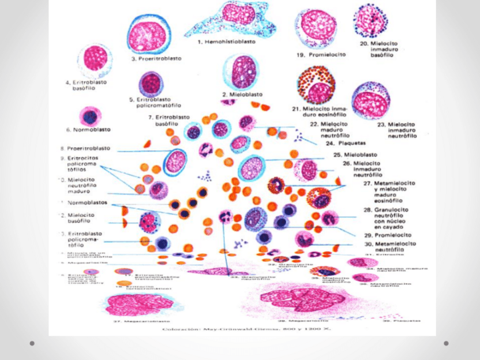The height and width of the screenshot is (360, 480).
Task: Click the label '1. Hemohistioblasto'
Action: [x=230, y=41]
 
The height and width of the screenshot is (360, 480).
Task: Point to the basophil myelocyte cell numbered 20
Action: [x=370, y=20]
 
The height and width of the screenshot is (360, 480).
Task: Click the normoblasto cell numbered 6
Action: [x=89, y=117]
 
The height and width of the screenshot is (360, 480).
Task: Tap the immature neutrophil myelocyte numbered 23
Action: [x=371, y=101]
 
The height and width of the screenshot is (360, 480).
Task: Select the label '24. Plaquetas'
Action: [x=344, y=143]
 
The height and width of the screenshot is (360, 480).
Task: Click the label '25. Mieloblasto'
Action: [x=355, y=155]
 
